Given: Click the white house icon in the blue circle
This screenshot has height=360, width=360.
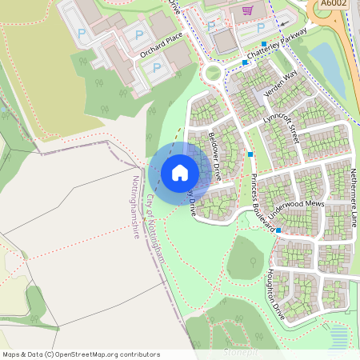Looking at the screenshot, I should (180, 172).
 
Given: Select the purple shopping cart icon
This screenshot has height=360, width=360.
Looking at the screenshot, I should (248, 10).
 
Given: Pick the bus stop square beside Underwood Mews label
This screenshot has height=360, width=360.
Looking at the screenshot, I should (279, 230).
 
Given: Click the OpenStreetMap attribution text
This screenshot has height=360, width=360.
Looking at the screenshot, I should (81, 354).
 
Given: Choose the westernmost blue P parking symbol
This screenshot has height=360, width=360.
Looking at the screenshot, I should (82, 34).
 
